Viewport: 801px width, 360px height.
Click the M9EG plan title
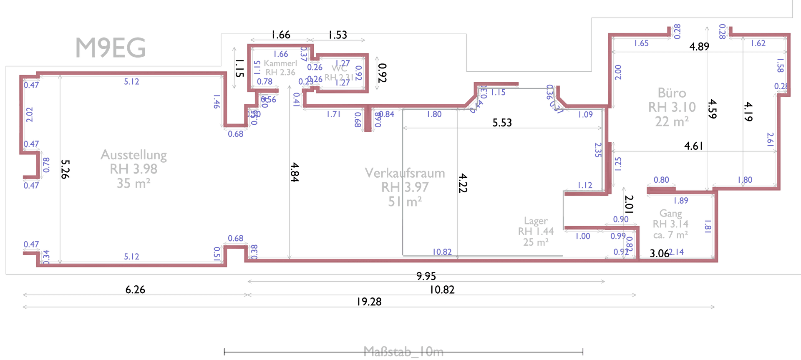(x=111, y=48)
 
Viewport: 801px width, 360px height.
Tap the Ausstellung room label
(x=133, y=155)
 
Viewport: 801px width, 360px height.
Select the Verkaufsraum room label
(x=405, y=173)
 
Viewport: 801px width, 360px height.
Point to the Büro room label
(x=672, y=93)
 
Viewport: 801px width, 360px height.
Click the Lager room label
(x=536, y=221)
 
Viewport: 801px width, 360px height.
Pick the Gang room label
(x=670, y=214)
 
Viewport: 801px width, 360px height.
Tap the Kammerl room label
(x=280, y=63)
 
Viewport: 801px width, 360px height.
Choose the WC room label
(x=339, y=69)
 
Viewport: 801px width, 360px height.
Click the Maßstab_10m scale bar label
(x=403, y=352)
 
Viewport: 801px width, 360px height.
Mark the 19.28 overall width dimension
(x=369, y=302)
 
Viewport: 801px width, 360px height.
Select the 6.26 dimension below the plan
(x=135, y=290)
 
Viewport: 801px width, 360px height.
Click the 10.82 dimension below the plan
(x=442, y=290)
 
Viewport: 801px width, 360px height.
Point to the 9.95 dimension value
(x=426, y=276)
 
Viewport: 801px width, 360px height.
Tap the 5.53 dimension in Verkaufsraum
(x=501, y=123)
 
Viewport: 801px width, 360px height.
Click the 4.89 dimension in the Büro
(x=699, y=46)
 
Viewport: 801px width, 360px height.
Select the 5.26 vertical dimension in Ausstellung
(x=65, y=169)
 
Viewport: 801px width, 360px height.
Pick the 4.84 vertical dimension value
(x=295, y=172)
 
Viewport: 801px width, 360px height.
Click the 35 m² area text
(x=133, y=184)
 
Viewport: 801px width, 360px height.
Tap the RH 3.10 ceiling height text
(x=672, y=108)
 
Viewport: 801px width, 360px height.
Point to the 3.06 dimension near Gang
(x=659, y=253)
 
